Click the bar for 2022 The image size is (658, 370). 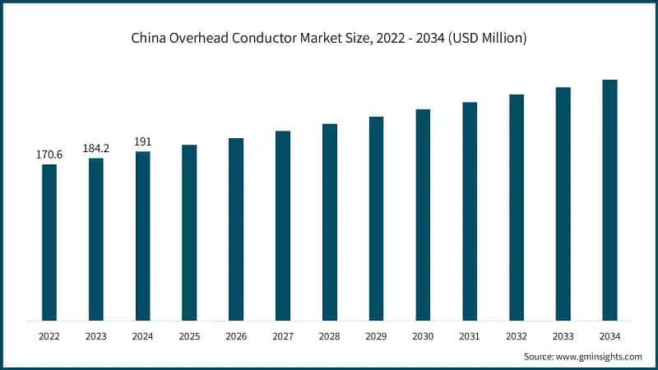49,243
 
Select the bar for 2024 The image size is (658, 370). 143,236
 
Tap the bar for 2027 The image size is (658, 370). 283,225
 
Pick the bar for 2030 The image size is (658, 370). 423,215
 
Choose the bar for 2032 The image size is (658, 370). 517,207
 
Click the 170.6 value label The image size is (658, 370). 49,155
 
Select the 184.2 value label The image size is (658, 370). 96,148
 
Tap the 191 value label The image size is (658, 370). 143,141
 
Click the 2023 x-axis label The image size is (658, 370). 96,336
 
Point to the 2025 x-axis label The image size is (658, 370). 189,336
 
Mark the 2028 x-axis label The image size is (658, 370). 330,336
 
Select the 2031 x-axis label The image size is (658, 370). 470,336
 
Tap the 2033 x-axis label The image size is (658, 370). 563,336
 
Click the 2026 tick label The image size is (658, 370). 236,336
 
